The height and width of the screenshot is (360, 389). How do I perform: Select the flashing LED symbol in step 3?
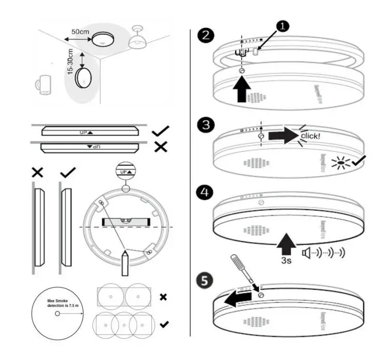coord(339,163)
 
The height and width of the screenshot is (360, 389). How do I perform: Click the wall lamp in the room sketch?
coord(43,86)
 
